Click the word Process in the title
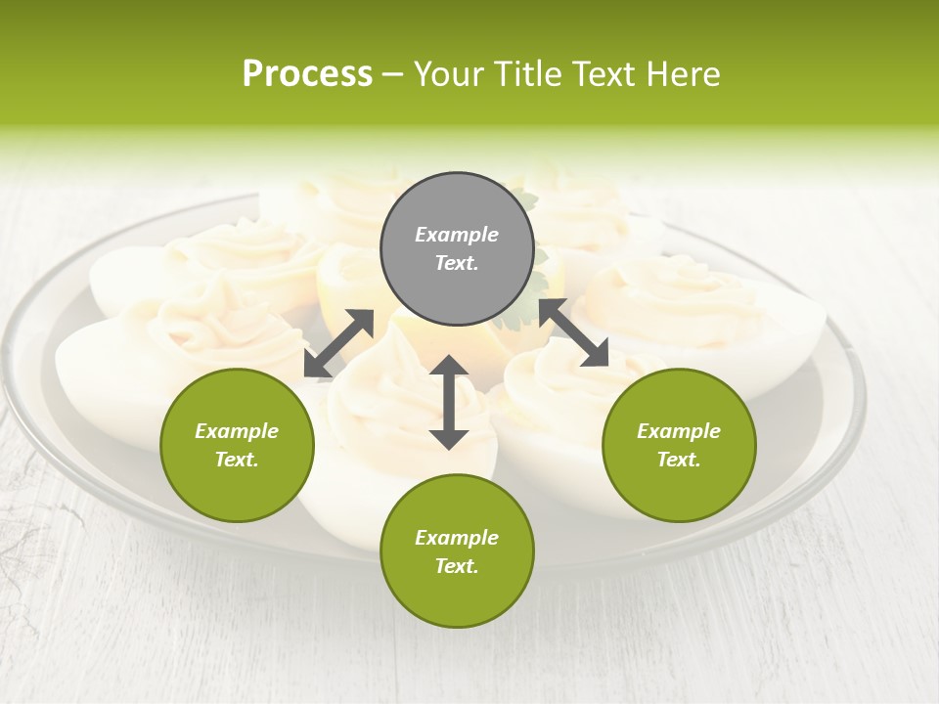(307, 74)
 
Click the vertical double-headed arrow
(449, 402)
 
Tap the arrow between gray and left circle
(338, 343)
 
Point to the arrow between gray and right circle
(574, 332)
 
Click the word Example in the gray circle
(457, 235)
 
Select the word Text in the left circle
(237, 460)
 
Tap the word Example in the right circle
(679, 431)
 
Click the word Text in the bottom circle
(457, 566)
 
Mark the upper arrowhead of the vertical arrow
(449, 367)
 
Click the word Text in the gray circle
(457, 263)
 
